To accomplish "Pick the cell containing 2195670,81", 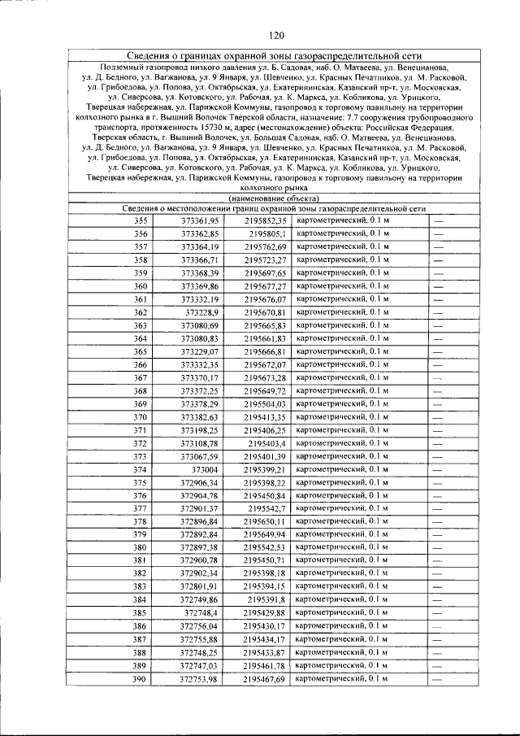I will click(265, 312).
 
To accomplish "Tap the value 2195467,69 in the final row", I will click(265, 679).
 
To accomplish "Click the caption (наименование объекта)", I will click(275, 198).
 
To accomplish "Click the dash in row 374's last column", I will click(437, 470).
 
